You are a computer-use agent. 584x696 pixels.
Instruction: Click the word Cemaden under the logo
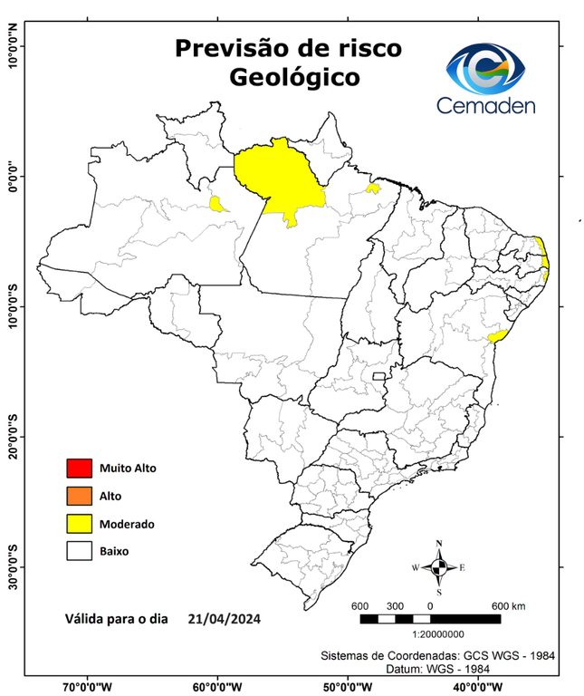pyautogui.click(x=486, y=106)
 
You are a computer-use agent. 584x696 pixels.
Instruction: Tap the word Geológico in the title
pyautogui.click(x=293, y=78)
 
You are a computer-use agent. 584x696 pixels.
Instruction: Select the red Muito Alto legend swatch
pyautogui.click(x=79, y=469)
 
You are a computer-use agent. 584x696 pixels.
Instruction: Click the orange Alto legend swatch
pyautogui.click(x=79, y=496)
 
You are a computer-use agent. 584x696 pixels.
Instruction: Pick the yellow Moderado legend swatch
pyautogui.click(x=79, y=524)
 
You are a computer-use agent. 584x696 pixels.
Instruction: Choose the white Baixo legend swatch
pyautogui.click(x=79, y=551)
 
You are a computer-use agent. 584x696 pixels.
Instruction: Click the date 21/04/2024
pyautogui.click(x=225, y=620)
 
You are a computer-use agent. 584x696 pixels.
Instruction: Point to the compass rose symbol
pyautogui.click(x=439, y=567)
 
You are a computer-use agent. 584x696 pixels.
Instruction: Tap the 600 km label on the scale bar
pyautogui.click(x=508, y=605)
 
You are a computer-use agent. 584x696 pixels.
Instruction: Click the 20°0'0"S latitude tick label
pyautogui.click(x=14, y=436)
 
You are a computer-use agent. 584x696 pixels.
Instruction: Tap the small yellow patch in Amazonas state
pyautogui.click(x=217, y=203)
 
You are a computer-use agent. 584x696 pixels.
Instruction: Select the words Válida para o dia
pyautogui.click(x=117, y=620)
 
